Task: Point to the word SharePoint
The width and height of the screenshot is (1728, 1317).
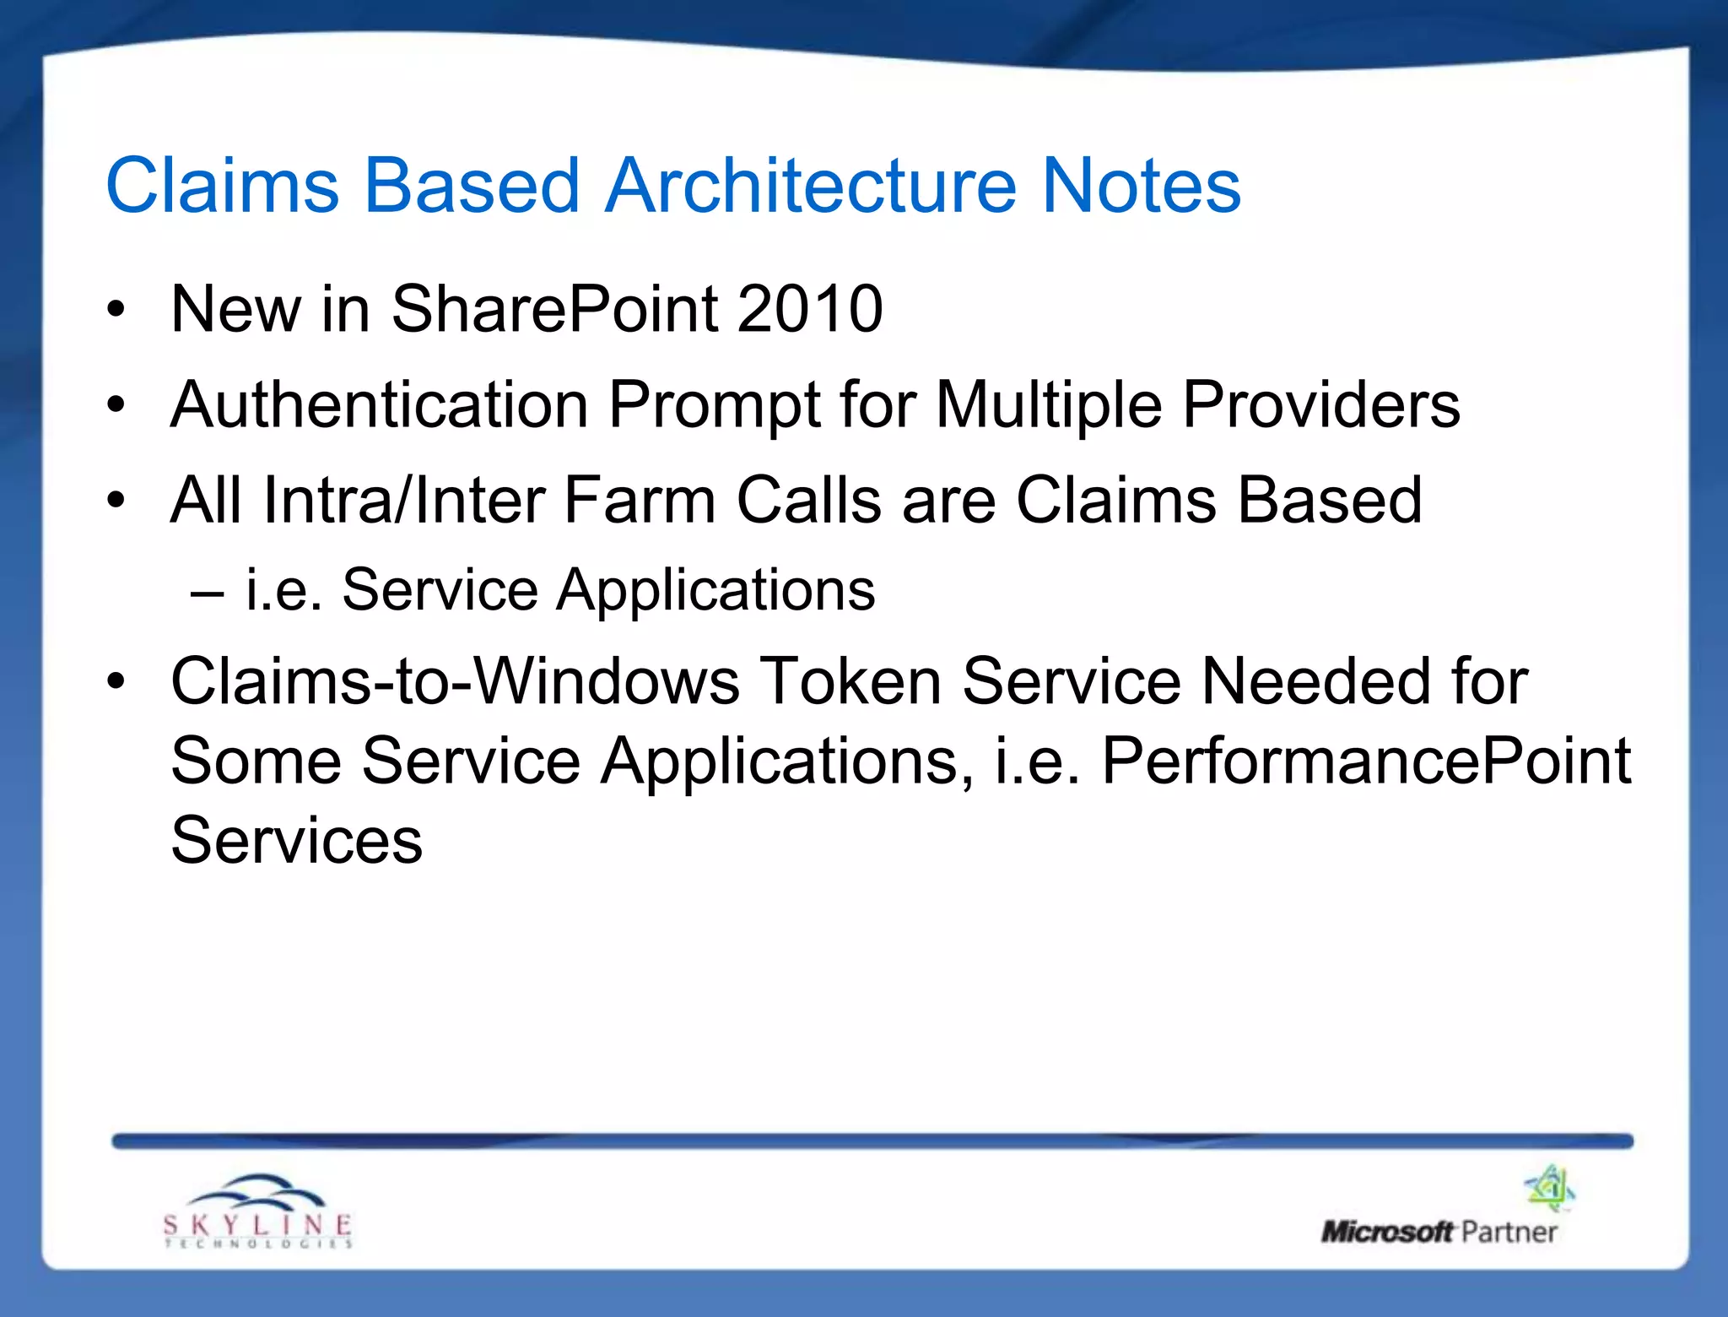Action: click(x=553, y=311)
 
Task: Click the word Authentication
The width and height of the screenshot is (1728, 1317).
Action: click(x=379, y=405)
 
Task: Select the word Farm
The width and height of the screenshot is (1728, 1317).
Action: click(x=640, y=501)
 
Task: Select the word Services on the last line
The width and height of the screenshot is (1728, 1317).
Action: click(x=296, y=841)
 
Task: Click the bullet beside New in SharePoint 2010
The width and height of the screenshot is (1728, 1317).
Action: click(x=116, y=309)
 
